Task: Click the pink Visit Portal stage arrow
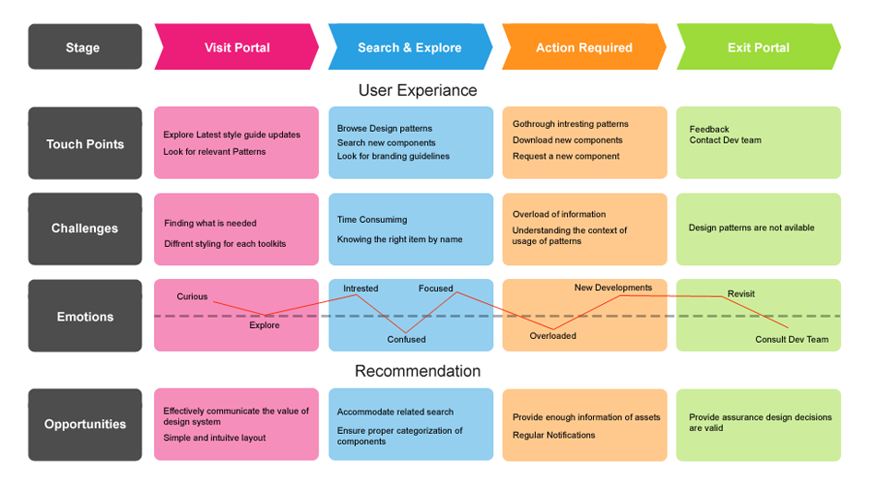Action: (x=237, y=48)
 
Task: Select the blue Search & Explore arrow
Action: (x=409, y=48)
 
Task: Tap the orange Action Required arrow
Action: (x=584, y=48)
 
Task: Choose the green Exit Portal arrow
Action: (x=758, y=48)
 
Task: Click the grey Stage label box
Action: (x=84, y=48)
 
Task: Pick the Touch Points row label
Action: (x=85, y=144)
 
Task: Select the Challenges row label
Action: (x=85, y=228)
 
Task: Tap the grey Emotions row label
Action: (x=85, y=316)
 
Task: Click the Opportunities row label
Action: (x=85, y=425)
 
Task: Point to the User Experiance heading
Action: (x=418, y=90)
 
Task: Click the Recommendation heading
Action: (x=418, y=371)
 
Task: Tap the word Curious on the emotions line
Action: (x=192, y=297)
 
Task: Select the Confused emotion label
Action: (x=406, y=340)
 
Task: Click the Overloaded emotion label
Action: (x=552, y=336)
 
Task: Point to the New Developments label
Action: (x=612, y=287)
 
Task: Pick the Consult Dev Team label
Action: (x=791, y=340)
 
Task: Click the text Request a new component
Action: (x=566, y=157)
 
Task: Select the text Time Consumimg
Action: (x=372, y=220)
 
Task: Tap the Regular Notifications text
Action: (x=554, y=435)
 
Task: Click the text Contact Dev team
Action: (x=725, y=141)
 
